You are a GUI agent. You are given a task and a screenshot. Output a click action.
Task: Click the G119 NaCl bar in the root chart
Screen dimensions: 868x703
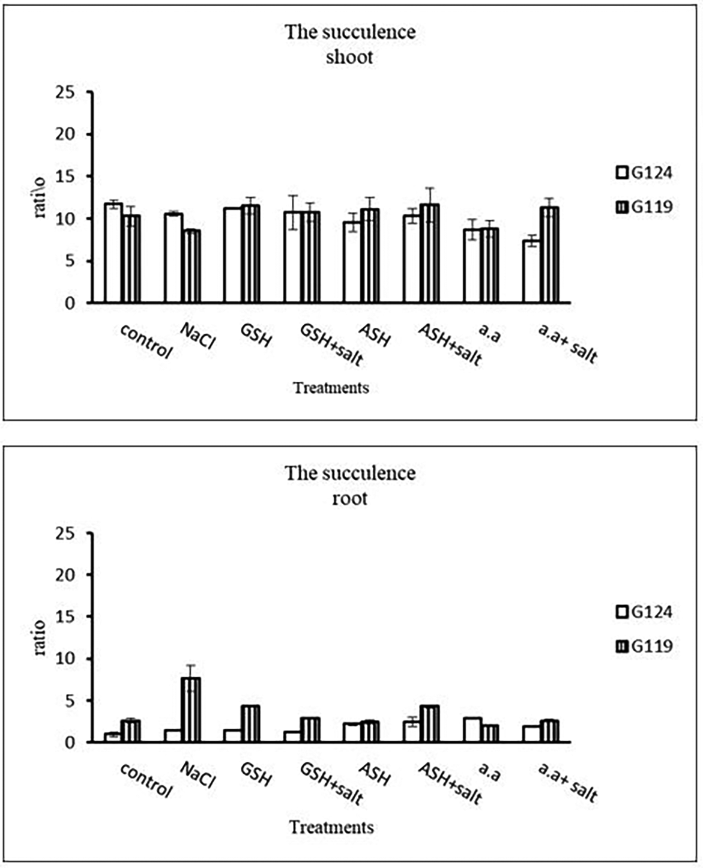coord(191,710)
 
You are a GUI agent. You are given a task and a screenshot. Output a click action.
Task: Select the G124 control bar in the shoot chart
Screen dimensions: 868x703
coord(113,253)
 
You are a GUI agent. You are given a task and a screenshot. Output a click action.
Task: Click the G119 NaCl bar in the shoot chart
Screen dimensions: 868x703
coord(191,266)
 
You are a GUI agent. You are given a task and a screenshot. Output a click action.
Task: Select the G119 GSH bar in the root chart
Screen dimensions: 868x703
coord(250,724)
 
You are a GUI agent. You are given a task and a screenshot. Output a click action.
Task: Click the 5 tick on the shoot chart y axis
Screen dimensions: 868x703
coord(71,261)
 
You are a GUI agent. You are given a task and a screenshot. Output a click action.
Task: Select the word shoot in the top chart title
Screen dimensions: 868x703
coord(349,57)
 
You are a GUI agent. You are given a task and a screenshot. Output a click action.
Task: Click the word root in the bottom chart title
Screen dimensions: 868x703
coord(349,498)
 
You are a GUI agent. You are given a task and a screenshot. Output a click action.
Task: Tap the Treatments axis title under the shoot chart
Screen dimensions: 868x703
coord(331,388)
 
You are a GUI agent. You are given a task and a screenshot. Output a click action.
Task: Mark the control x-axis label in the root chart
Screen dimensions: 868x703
coord(146,780)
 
